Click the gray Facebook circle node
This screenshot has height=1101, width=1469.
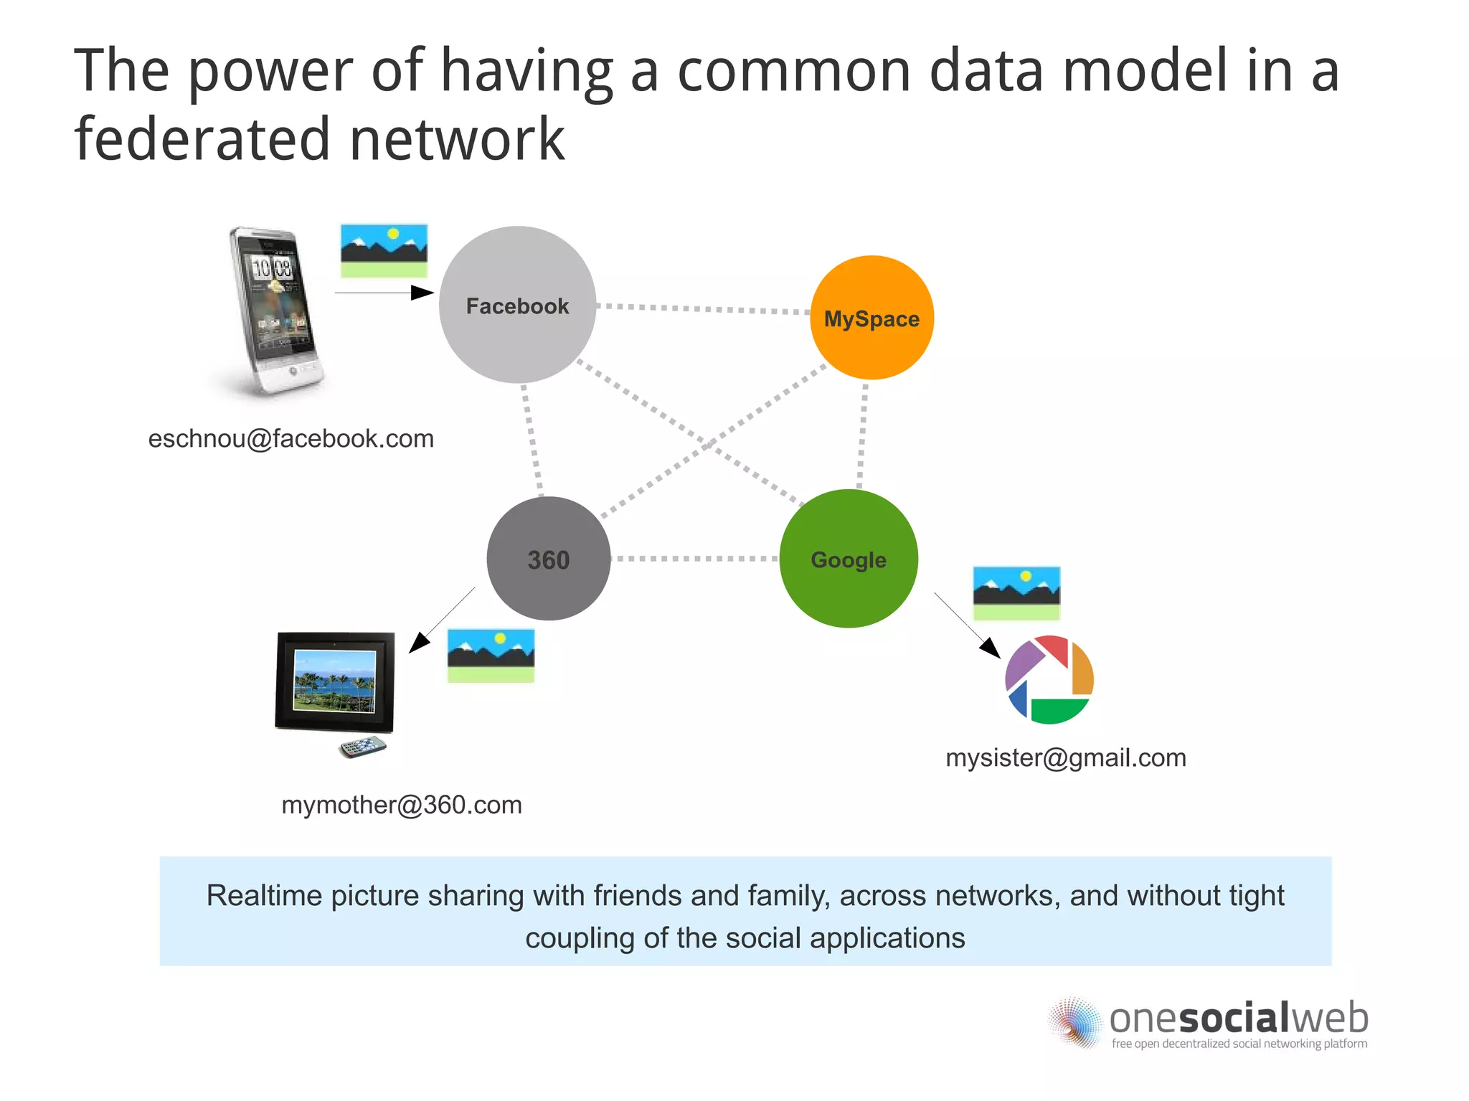(517, 306)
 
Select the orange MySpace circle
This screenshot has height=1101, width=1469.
(872, 318)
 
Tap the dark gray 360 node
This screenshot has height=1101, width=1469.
(549, 559)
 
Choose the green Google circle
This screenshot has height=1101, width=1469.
(849, 559)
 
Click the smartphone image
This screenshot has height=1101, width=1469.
(273, 312)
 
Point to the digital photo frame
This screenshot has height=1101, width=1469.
(335, 681)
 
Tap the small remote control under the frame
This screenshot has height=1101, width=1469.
(363, 747)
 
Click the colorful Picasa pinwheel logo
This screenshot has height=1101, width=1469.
(1049, 679)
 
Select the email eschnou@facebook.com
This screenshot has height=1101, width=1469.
(291, 438)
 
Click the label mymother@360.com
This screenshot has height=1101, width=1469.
(402, 805)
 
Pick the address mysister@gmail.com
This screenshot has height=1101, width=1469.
(1066, 757)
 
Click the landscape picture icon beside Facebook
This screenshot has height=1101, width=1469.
(384, 250)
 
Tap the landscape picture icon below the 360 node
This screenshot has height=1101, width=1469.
(491, 656)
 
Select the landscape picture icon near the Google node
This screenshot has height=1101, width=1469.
(1016, 593)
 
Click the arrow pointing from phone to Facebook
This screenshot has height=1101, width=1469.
(384, 293)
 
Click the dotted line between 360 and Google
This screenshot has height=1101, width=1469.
(694, 558)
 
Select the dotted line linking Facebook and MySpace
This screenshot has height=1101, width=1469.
(703, 309)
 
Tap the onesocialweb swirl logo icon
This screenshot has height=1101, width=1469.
(1074, 1022)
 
